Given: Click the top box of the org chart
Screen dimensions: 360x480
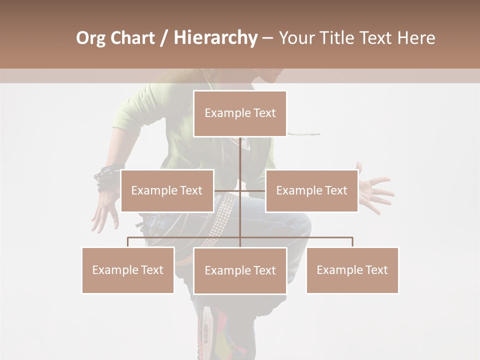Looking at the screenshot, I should click(240, 113).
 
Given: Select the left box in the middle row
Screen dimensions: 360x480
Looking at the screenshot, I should click(167, 190).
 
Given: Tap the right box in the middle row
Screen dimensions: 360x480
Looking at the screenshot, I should click(311, 190).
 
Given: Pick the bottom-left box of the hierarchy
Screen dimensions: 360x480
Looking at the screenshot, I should click(128, 270).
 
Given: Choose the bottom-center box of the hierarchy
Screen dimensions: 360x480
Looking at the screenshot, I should click(240, 270).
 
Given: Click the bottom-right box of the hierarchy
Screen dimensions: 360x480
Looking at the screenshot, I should click(352, 270).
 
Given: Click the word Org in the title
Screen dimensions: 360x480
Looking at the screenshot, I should click(91, 38).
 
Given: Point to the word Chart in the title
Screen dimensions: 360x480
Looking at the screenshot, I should click(132, 38).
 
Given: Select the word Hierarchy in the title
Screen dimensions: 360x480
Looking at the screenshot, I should click(215, 38).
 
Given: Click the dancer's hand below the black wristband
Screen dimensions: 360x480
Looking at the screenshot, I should click(103, 207).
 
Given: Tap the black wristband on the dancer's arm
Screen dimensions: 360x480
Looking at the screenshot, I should click(106, 176).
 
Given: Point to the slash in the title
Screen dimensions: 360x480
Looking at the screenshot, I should click(163, 38).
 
